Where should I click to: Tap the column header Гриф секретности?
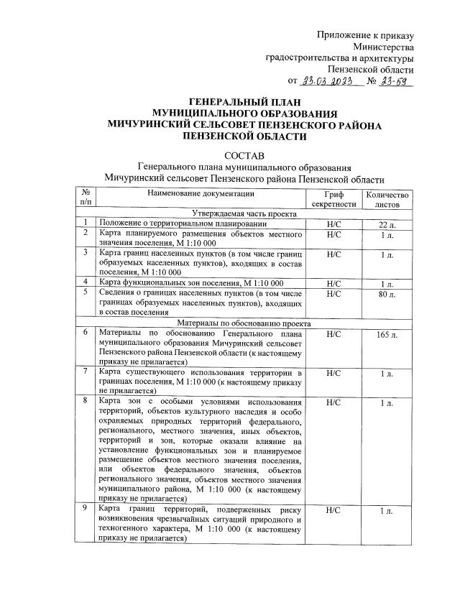333,198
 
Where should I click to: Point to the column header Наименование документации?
201,193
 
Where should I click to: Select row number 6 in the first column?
86,333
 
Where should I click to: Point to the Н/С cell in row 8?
333,403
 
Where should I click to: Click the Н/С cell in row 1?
333,224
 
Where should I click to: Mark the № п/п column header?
86,198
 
